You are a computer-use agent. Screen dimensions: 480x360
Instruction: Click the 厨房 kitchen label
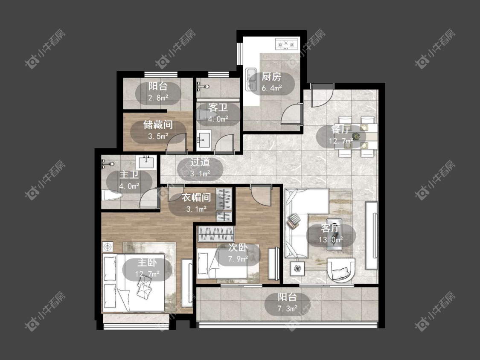[x=271, y=76]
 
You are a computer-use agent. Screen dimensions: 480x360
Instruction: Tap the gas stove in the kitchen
[x=287, y=44]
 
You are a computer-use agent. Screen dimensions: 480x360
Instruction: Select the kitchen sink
[x=251, y=79]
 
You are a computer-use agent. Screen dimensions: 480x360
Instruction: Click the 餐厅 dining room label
[x=340, y=130]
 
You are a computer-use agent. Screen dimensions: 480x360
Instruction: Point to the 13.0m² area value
[x=331, y=240]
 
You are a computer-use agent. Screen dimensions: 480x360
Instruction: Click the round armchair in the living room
[x=341, y=270]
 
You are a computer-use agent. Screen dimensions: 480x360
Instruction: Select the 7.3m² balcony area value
[x=287, y=308]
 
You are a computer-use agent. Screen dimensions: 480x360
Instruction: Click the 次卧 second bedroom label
[x=238, y=248]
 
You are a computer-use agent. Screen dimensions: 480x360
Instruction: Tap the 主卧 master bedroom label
[x=147, y=262]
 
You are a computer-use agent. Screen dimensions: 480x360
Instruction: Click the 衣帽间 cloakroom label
[x=196, y=197]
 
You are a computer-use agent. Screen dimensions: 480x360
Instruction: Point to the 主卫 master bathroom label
[x=129, y=174]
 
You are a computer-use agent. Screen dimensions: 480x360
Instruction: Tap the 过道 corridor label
[x=200, y=162]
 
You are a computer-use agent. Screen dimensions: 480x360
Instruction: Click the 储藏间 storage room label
[x=158, y=125]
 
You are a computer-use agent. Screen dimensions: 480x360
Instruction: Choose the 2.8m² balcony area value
[x=158, y=98]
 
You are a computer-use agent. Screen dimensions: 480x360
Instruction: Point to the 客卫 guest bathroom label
[x=218, y=107]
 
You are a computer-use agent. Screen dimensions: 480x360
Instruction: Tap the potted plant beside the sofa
[x=297, y=269]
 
